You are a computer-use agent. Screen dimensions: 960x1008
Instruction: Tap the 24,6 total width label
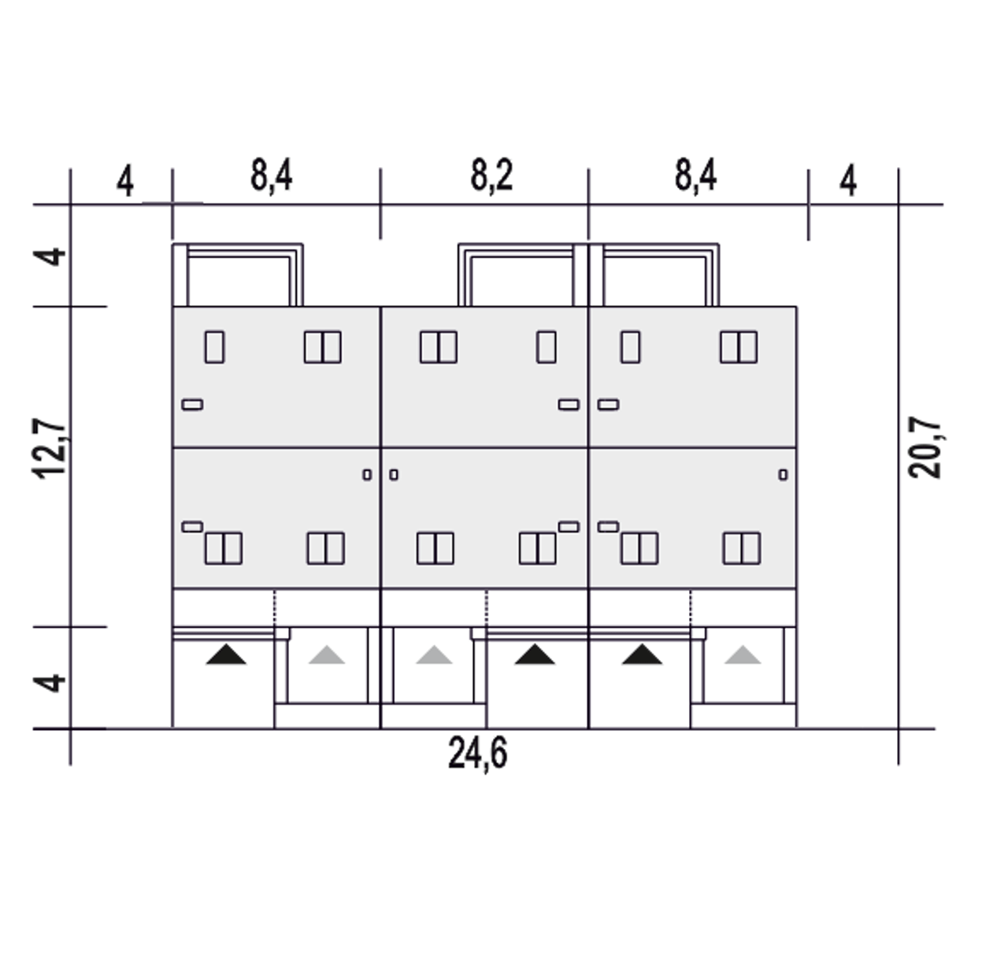[x=477, y=753]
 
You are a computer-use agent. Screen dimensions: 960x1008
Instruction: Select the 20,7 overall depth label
[x=925, y=447]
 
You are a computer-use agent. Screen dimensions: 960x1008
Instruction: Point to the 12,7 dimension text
[x=52, y=447]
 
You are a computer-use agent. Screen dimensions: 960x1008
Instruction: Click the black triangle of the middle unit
[x=534, y=654]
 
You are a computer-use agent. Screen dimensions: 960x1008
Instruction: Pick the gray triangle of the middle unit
[x=434, y=655]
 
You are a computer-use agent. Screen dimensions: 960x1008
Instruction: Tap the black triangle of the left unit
[x=226, y=654]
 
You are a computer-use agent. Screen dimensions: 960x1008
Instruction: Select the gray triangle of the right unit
[x=742, y=655]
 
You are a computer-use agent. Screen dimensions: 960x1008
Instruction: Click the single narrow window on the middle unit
[x=546, y=347]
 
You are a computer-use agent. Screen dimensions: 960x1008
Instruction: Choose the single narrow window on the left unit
[x=214, y=347]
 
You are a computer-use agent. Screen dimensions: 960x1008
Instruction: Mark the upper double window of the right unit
[x=738, y=347]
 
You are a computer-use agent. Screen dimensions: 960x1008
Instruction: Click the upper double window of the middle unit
[x=438, y=347]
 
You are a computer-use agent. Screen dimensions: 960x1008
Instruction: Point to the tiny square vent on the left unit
[x=367, y=475]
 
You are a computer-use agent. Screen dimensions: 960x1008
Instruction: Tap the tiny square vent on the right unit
[x=783, y=475]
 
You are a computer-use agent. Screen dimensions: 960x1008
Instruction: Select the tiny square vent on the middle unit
[x=394, y=475]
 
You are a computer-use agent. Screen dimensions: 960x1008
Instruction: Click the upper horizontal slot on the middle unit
[x=569, y=405]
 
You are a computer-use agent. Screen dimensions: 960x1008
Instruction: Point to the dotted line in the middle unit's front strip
[x=487, y=609]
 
